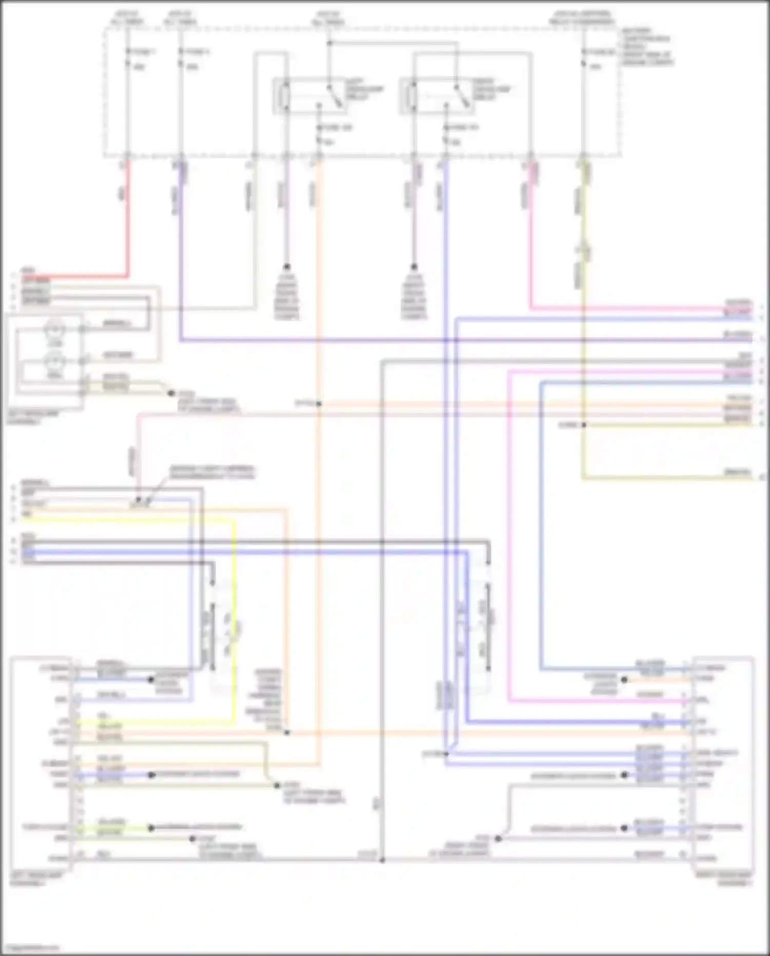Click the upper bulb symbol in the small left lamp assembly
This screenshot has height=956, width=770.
(55, 329)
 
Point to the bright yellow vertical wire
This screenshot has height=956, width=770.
(235, 616)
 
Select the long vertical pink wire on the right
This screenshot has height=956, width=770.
(509, 534)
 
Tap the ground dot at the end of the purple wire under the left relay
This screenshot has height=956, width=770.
(286, 267)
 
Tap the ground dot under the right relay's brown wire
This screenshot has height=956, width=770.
(413, 267)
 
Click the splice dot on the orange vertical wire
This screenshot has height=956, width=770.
(319, 404)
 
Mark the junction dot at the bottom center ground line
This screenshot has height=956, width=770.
(382, 860)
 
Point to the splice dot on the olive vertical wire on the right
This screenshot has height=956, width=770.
(583, 425)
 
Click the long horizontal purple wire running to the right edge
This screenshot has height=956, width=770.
(462, 340)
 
